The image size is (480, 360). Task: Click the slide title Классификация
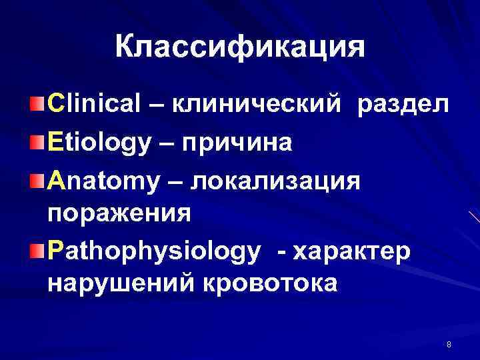click(x=239, y=48)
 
